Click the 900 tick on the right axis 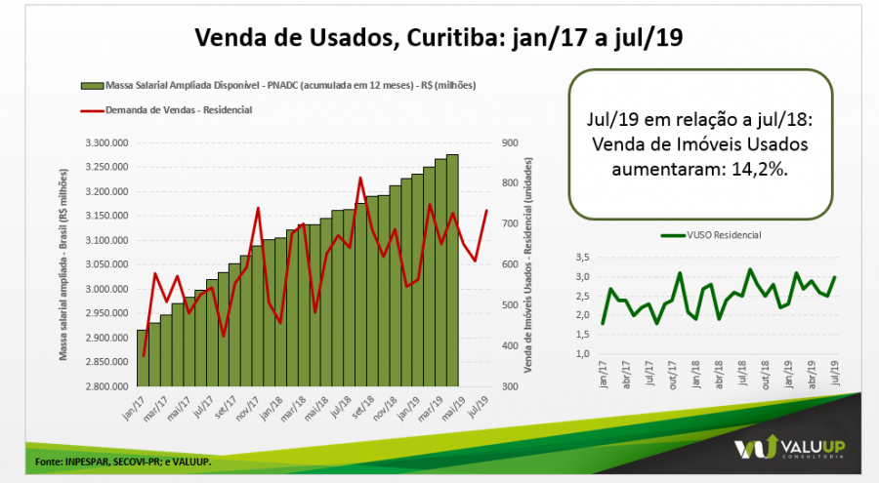509,142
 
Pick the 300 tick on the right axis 509,386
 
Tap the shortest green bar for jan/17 143,358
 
